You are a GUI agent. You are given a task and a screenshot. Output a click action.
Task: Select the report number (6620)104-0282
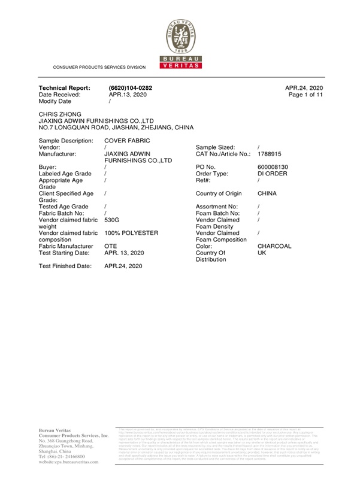point(131,88)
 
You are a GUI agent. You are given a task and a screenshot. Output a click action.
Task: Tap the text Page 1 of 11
point(305,95)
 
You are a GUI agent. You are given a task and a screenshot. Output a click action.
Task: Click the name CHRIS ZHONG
point(59,114)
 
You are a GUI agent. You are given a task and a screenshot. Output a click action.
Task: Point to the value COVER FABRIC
point(127,140)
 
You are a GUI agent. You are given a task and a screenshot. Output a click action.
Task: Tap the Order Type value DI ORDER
point(273,174)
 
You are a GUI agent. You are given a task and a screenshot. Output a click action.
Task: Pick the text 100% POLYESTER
point(131,232)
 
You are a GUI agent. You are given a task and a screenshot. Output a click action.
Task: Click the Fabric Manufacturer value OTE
point(110,245)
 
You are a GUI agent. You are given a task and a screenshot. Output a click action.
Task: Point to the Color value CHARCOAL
point(274,246)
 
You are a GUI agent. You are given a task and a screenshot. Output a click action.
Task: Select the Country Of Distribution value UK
point(262,253)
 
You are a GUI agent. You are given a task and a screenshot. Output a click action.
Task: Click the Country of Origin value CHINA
point(267,193)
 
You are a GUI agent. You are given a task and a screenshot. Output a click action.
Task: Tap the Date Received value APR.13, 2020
point(128,95)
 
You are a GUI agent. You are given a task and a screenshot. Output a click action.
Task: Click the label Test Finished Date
point(65,265)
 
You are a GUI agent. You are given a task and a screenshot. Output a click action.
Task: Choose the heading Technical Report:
point(64,88)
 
